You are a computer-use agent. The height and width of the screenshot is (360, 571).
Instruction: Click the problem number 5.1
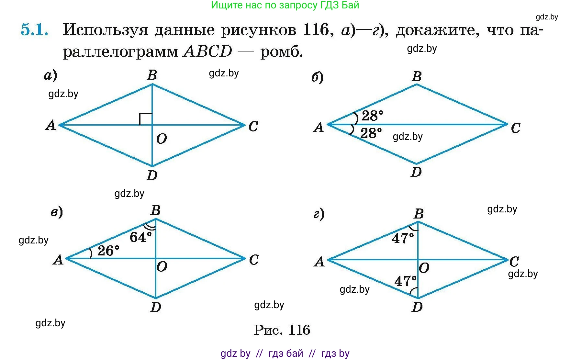tap(35, 29)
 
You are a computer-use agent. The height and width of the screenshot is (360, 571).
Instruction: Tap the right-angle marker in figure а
tap(146, 119)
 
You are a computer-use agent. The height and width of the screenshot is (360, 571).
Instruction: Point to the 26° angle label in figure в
tap(108, 251)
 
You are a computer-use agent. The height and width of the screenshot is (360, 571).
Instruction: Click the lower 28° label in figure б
tap(371, 133)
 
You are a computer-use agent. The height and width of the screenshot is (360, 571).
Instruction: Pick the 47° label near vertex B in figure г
tap(403, 239)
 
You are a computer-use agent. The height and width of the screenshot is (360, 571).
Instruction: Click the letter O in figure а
tap(162, 139)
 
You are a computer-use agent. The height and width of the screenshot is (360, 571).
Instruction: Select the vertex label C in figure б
tap(516, 128)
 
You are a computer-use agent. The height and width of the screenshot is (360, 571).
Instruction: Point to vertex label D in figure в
tap(156, 307)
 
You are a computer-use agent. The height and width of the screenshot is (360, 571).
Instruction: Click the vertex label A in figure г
tap(319, 261)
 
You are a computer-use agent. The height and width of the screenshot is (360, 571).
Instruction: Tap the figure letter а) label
tap(50, 75)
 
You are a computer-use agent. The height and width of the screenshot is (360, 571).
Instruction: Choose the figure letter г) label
tap(319, 214)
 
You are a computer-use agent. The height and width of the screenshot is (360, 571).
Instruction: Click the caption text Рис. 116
tap(282, 330)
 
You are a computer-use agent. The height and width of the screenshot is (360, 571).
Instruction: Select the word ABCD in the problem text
tap(207, 51)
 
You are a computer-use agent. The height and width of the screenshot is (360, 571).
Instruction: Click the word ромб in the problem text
tap(282, 52)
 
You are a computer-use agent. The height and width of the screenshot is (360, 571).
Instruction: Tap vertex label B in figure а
tap(152, 75)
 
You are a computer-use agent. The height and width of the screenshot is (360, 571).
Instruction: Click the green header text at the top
tap(285, 5)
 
